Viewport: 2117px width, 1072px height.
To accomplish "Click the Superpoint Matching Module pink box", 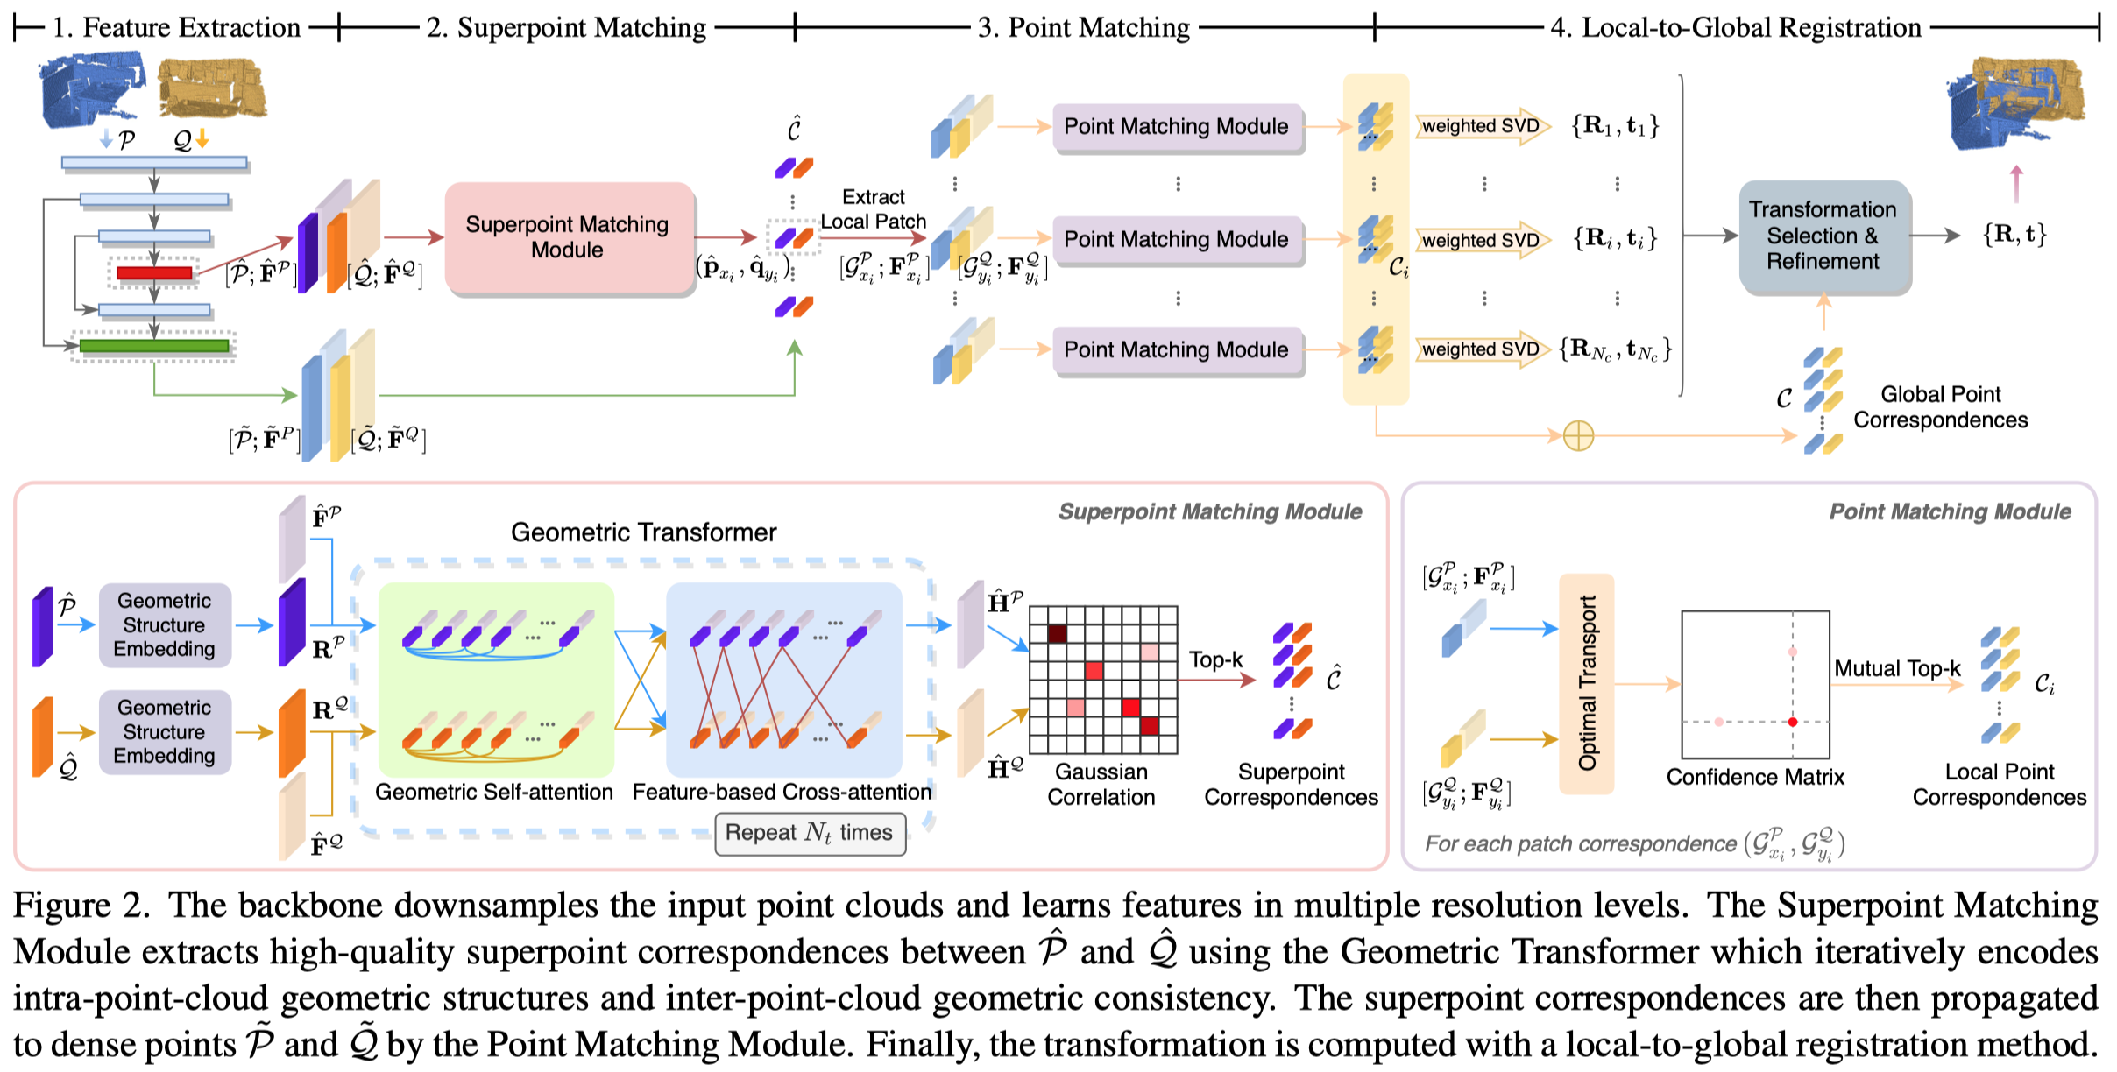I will [569, 237].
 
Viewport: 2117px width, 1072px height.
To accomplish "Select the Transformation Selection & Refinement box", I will [1823, 236].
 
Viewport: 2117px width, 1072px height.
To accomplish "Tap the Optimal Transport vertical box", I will [1587, 683].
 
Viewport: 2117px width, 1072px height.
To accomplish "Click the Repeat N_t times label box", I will [810, 833].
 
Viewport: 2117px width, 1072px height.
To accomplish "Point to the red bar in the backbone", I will [154, 273].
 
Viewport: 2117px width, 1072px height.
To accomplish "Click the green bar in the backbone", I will [154, 346].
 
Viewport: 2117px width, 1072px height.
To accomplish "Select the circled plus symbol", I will [1578, 435].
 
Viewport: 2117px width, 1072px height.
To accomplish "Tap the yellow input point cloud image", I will [211, 88].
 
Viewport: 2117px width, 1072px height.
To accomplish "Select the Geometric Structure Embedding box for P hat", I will [165, 624].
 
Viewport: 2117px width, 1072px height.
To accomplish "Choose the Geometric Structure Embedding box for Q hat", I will [165, 731].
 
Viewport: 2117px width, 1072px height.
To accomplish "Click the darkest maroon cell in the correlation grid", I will [1057, 633].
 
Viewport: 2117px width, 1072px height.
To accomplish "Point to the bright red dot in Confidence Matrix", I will [1793, 722].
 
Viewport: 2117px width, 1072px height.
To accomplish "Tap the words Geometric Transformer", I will [643, 532].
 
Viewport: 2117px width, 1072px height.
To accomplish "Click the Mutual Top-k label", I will [1897, 669].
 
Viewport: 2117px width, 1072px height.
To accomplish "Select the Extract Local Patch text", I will [873, 209].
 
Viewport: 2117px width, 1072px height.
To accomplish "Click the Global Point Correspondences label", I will [1940, 407].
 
